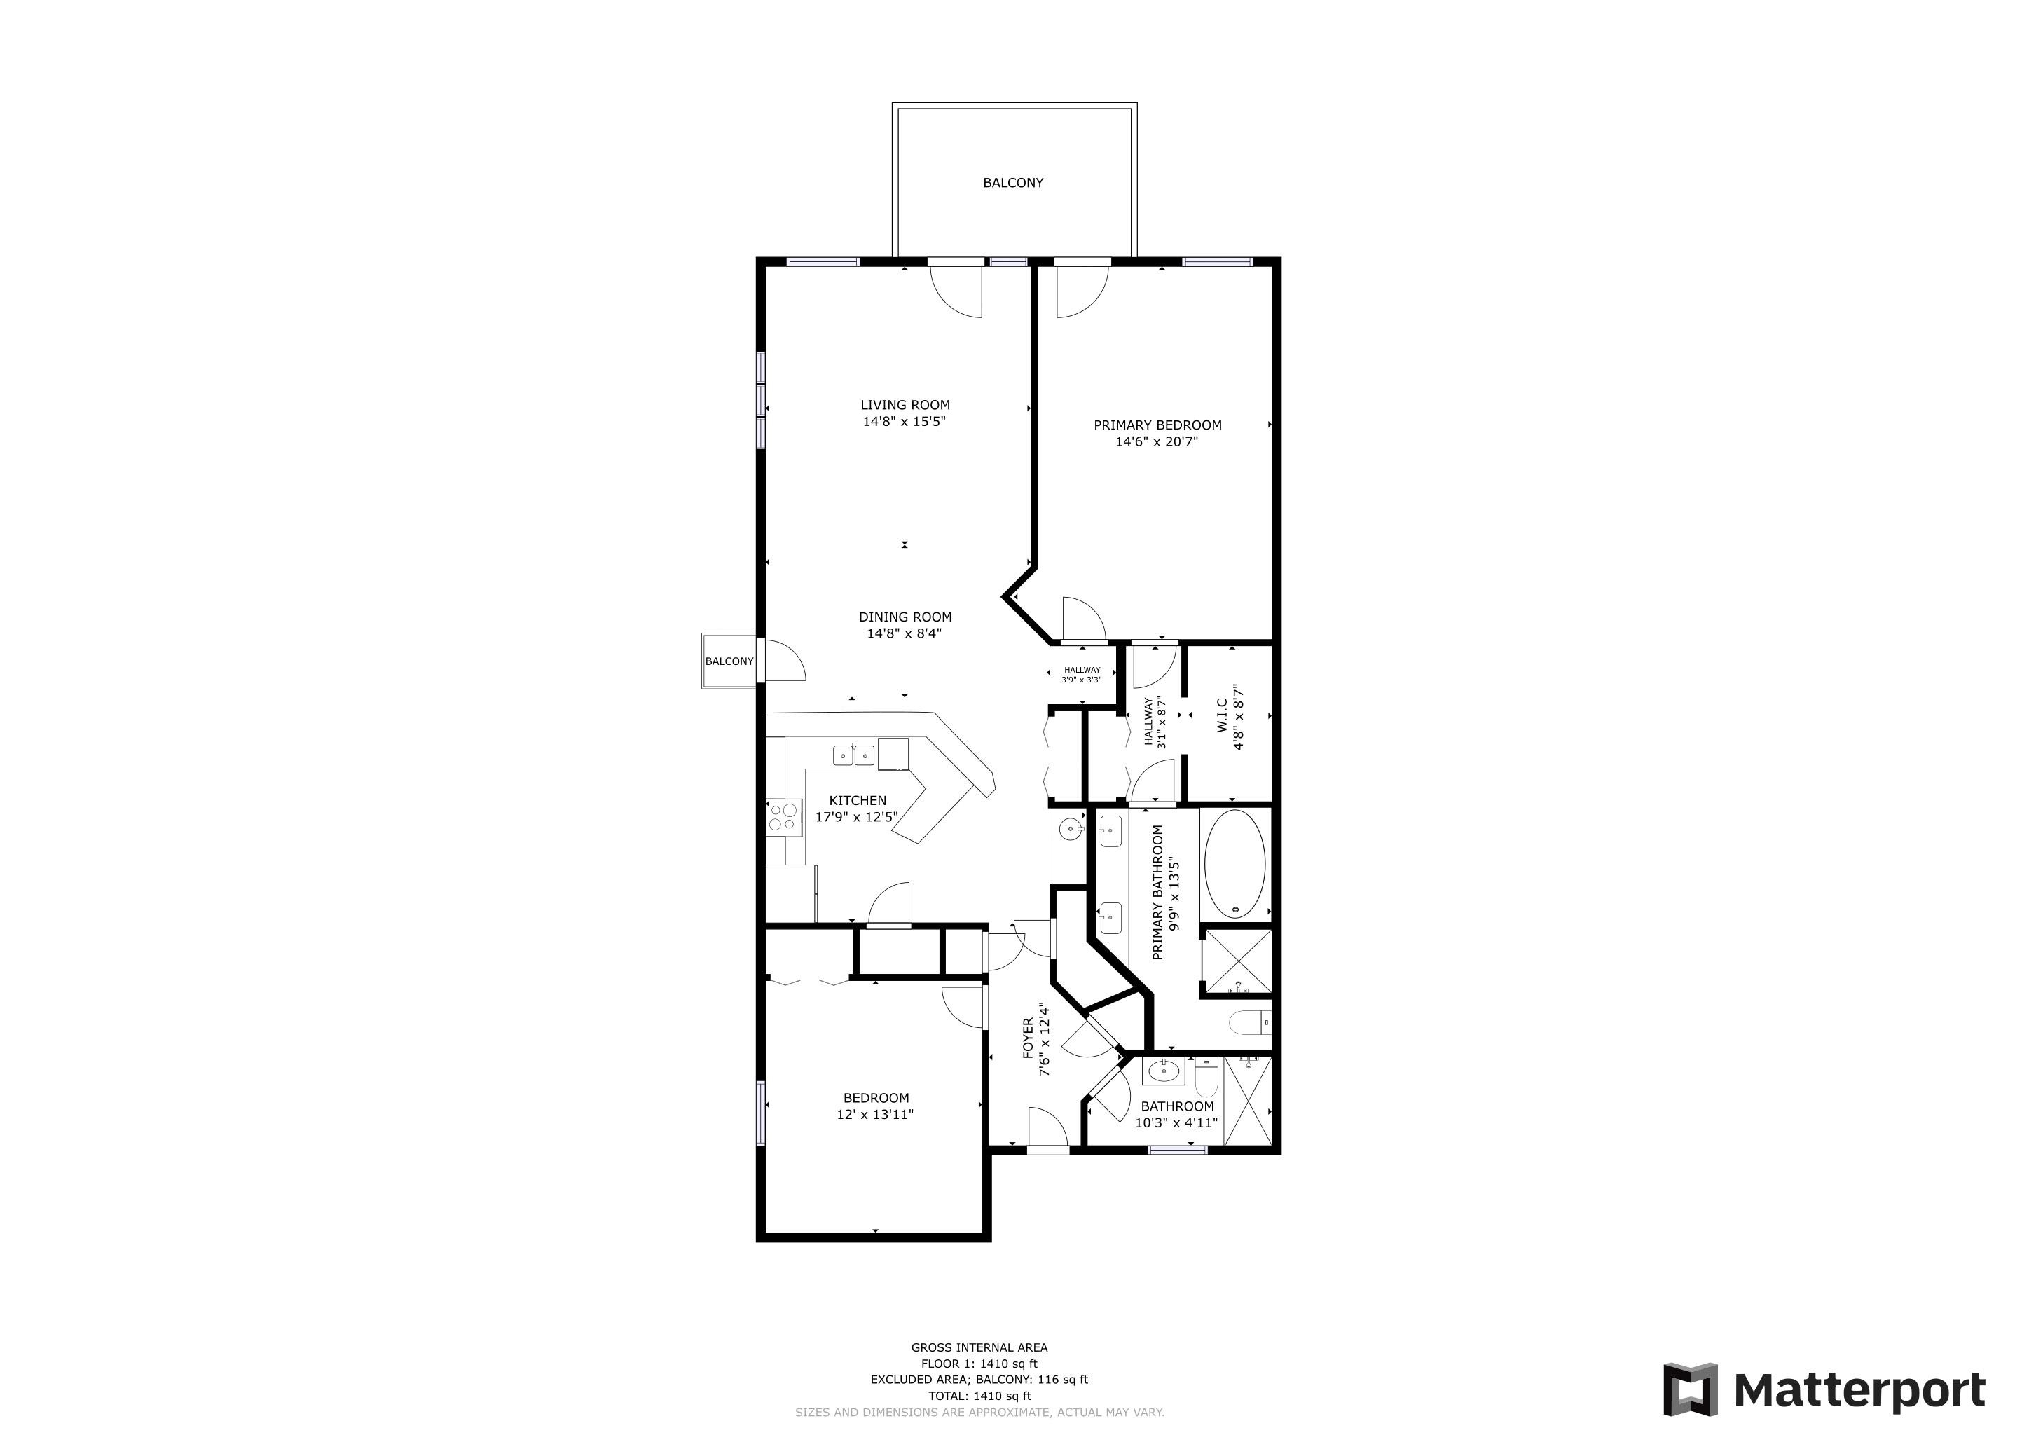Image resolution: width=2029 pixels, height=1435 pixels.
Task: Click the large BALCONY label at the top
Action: point(1012,183)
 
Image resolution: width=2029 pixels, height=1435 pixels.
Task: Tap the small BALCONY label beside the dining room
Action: point(729,661)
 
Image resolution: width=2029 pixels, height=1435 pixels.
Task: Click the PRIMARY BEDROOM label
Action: point(1157,425)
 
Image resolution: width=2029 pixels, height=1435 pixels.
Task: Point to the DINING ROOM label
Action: point(905,617)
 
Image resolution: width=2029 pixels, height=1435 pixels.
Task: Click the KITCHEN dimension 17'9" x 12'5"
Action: point(856,818)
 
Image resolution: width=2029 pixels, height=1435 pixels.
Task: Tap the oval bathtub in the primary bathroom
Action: point(1234,864)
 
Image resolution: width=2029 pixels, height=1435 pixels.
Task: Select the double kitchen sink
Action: point(853,755)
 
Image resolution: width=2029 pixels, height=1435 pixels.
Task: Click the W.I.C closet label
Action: point(1222,715)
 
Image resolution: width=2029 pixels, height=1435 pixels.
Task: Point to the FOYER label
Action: point(1028,1038)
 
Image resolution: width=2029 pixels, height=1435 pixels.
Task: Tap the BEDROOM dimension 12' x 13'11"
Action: point(875,1115)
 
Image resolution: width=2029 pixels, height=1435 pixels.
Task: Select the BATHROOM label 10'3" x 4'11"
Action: point(1176,1115)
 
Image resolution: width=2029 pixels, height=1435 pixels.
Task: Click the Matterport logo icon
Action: point(1691,1390)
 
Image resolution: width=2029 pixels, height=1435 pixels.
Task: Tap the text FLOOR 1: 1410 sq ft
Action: point(979,1364)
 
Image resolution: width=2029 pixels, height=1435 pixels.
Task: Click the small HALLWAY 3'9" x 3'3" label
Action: point(1082,675)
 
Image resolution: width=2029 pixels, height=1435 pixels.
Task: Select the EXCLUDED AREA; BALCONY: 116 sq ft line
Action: point(979,1380)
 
